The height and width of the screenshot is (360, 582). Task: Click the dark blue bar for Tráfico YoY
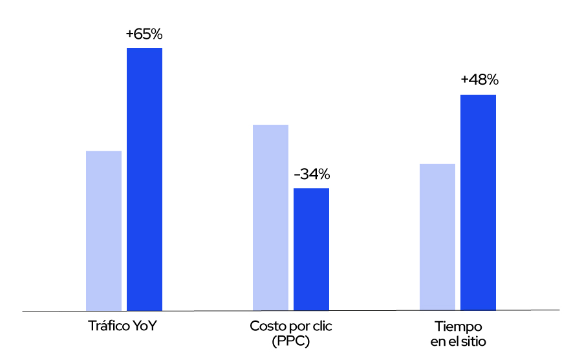click(x=144, y=179)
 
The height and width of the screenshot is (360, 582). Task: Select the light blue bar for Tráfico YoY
click(x=103, y=231)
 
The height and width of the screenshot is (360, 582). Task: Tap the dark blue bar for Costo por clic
click(x=311, y=249)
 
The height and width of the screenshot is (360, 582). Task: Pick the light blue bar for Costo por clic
click(x=270, y=217)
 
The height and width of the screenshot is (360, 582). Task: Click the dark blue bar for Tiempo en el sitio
click(x=478, y=202)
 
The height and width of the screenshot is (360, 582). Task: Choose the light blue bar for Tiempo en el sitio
click(x=437, y=237)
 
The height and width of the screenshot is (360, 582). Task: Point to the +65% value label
click(x=144, y=34)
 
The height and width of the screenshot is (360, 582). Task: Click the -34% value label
click(x=312, y=175)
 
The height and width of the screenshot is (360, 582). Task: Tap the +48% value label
click(x=479, y=80)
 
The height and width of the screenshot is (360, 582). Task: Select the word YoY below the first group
click(x=146, y=326)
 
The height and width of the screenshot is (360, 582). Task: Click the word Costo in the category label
click(x=266, y=326)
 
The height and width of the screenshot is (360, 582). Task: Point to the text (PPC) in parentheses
click(x=291, y=341)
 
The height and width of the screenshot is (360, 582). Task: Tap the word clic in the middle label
click(x=321, y=326)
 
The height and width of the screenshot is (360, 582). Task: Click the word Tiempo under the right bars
click(x=458, y=326)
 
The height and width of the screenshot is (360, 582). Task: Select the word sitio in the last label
click(x=473, y=341)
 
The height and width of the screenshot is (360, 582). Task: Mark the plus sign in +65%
click(x=130, y=35)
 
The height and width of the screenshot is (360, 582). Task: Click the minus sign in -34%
click(x=297, y=175)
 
